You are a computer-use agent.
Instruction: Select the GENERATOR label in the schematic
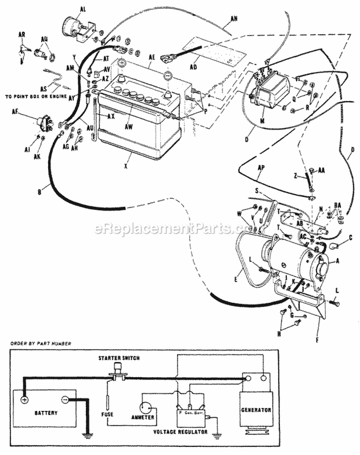[257, 410]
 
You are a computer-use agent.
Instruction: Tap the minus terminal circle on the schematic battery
[65, 399]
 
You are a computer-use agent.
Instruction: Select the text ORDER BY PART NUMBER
[41, 343]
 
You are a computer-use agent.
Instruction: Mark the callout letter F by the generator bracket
[315, 331]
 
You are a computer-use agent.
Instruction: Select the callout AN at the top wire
[234, 19]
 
